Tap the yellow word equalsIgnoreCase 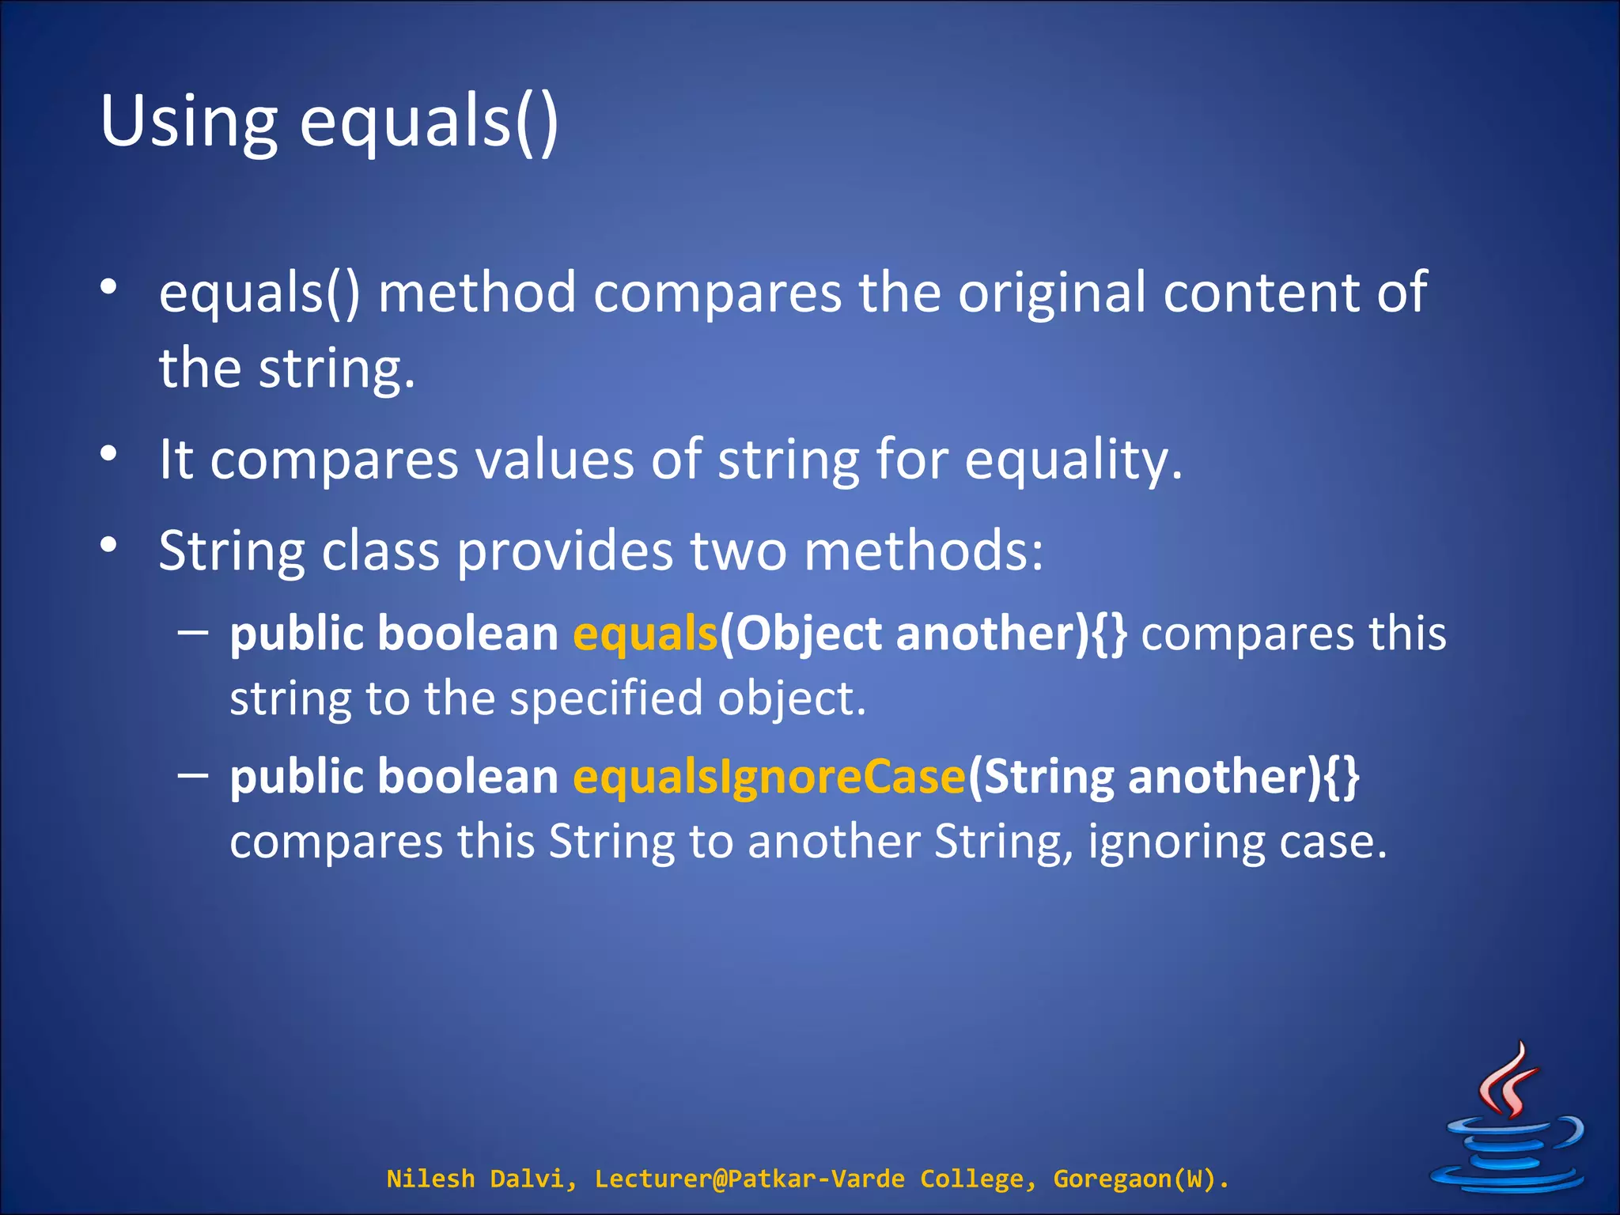click(x=769, y=777)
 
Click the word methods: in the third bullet click(x=923, y=551)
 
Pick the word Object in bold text click(x=808, y=634)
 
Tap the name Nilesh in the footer click(x=430, y=1179)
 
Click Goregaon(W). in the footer click(x=1141, y=1179)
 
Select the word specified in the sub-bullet click(x=606, y=699)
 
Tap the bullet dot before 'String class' click(x=109, y=544)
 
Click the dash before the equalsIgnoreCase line click(x=193, y=774)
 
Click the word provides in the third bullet click(x=565, y=551)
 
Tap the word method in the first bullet click(x=477, y=293)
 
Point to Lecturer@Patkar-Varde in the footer click(x=749, y=1179)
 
